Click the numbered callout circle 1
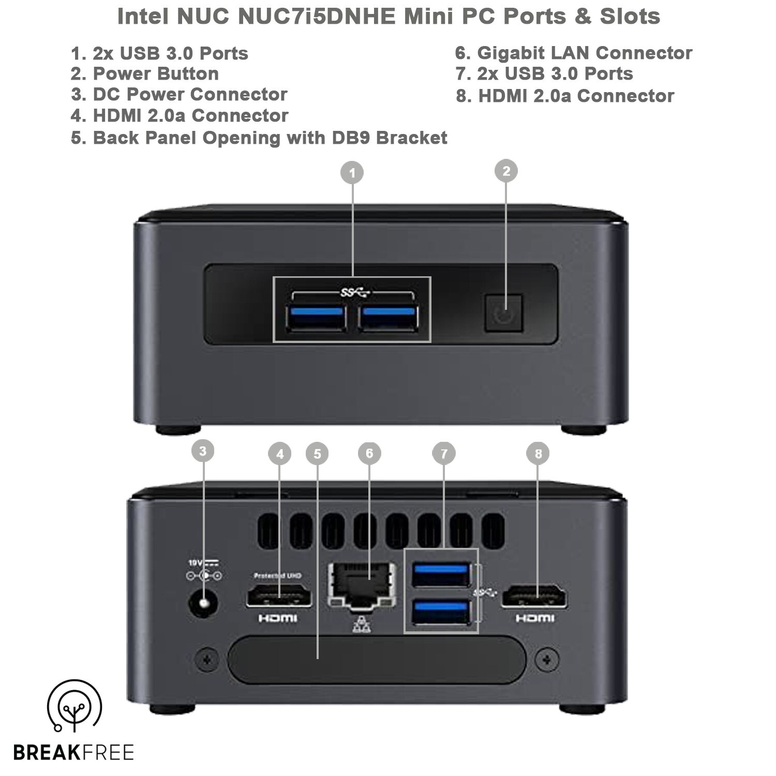(x=352, y=173)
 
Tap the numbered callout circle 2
(x=506, y=171)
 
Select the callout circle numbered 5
(x=317, y=454)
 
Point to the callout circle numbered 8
(x=538, y=454)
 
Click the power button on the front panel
(x=503, y=314)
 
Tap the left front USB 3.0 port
(x=316, y=318)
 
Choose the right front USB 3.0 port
(x=388, y=318)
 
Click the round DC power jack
(x=203, y=604)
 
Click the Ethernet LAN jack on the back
(x=362, y=585)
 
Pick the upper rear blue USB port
(x=441, y=574)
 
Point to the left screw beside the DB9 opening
(x=207, y=660)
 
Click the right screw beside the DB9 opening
(x=546, y=660)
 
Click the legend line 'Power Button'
(x=145, y=73)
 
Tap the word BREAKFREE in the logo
(x=73, y=752)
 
